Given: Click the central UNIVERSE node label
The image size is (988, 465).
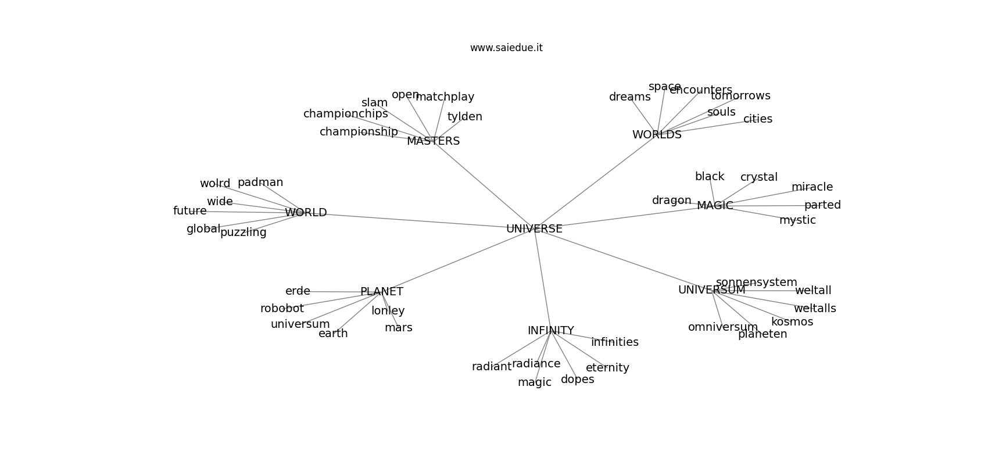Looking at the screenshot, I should click(x=534, y=229).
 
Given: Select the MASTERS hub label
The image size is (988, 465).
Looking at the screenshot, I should click(x=433, y=141).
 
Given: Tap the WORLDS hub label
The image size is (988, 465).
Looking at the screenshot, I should click(x=657, y=135).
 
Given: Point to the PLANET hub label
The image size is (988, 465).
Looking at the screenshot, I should click(x=381, y=292).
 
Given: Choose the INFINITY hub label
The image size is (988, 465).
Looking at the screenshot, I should click(x=550, y=331).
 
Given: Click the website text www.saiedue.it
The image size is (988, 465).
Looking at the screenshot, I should click(x=506, y=48).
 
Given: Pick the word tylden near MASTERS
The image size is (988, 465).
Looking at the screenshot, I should click(x=464, y=117).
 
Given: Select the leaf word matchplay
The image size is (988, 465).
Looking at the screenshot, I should click(x=445, y=97).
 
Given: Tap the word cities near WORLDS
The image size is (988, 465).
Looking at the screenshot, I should click(x=757, y=119).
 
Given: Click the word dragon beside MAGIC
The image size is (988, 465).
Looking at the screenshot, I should click(x=671, y=201).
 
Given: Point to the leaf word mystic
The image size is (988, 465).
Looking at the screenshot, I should click(x=797, y=220).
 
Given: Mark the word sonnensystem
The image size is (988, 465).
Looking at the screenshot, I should click(x=756, y=282).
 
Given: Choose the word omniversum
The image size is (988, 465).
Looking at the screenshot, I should click(x=722, y=327).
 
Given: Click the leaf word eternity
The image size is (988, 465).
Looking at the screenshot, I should click(x=607, y=368).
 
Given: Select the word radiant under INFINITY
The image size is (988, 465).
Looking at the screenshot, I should click(x=491, y=367).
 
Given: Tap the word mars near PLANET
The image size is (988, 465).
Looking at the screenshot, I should click(x=398, y=328).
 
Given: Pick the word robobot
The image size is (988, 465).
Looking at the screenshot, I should click(x=282, y=309).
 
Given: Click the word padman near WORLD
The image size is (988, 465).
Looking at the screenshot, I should click(x=260, y=183).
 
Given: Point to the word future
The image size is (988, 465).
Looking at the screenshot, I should click(x=189, y=211).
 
